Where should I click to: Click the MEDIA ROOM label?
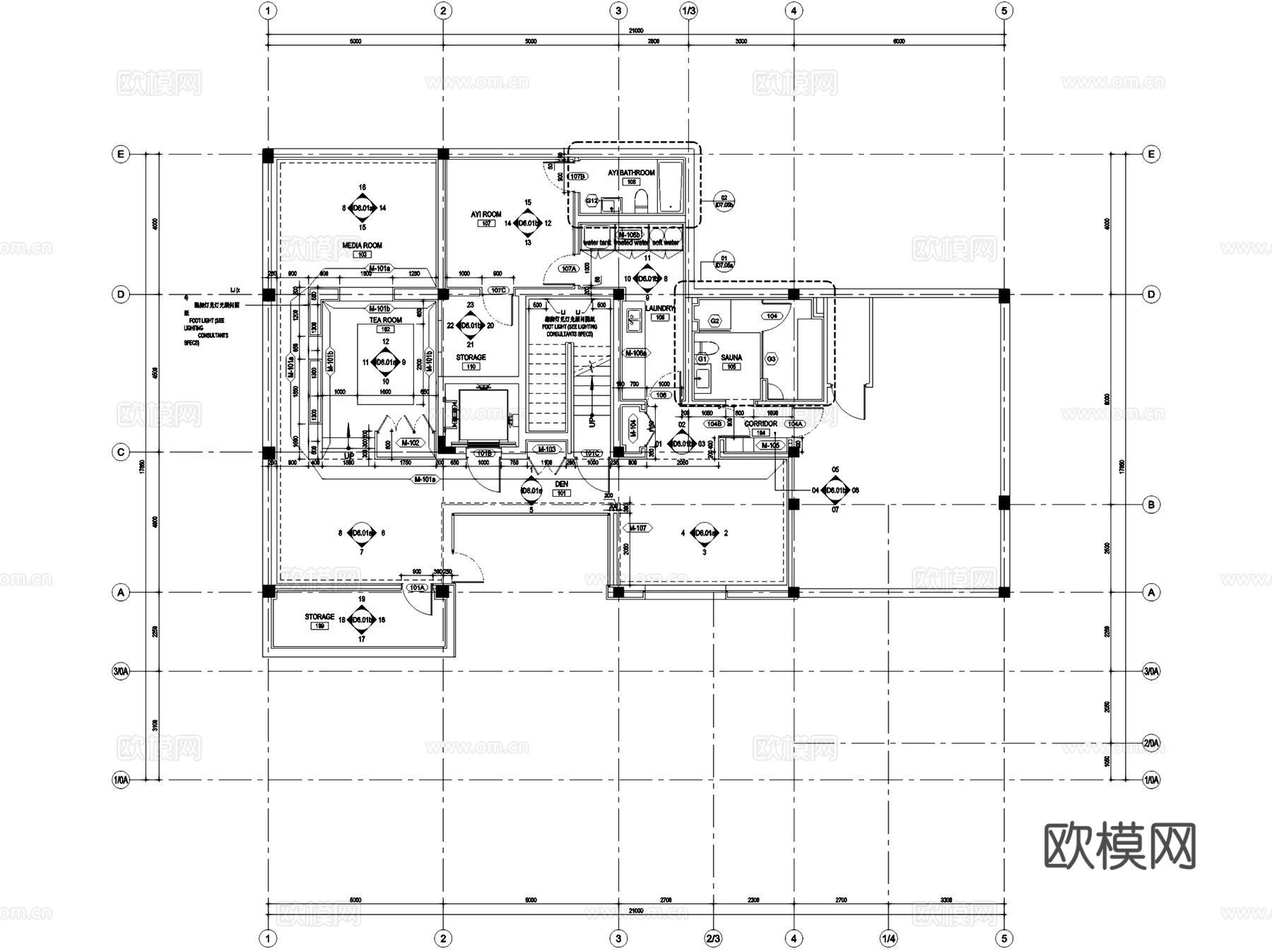coord(362,245)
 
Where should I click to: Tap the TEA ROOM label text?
coord(385,320)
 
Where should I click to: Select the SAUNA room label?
coord(731,358)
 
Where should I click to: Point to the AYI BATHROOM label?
coord(631,172)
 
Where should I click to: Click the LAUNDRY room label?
coord(660,309)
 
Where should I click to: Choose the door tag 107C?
coord(498,290)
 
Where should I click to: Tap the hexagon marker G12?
coord(592,201)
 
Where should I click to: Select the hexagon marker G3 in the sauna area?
coord(771,359)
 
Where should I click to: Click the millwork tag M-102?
coord(410,443)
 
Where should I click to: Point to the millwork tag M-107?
coord(637,528)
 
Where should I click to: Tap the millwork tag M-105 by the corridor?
coord(770,445)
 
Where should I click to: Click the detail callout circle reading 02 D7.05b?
coord(724,201)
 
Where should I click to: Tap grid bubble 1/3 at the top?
coord(688,11)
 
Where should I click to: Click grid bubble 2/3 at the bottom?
coord(713,939)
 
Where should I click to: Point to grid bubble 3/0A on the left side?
coord(121,671)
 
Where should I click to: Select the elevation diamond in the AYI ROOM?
coord(527,223)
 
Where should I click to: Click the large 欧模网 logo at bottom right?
coord(1119,845)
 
